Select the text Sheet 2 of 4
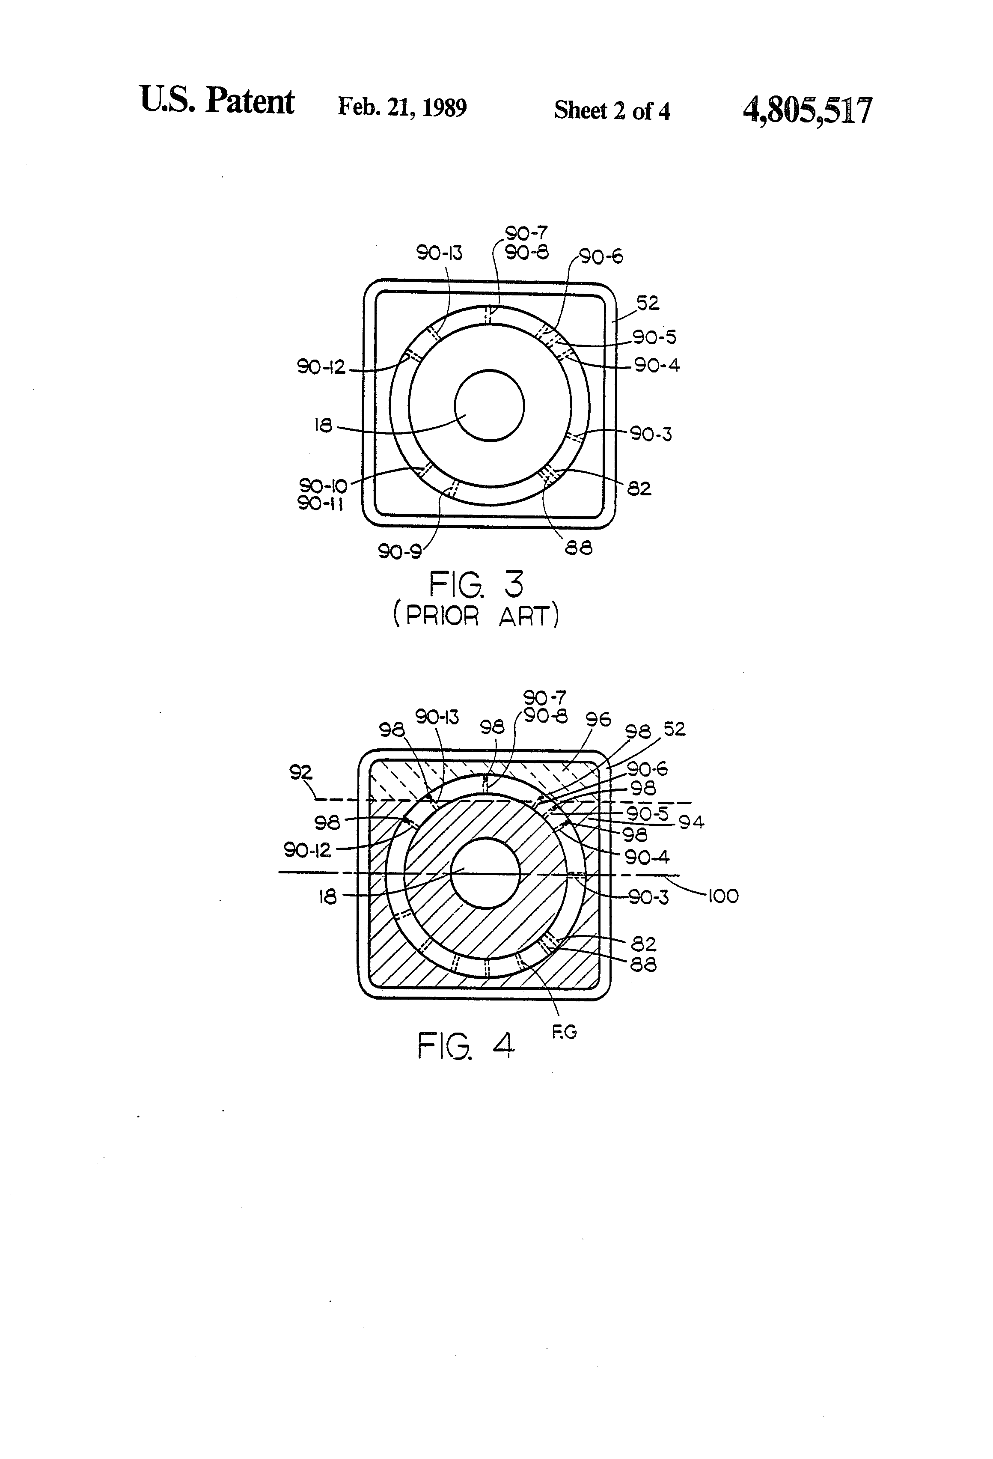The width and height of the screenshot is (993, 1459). (x=612, y=110)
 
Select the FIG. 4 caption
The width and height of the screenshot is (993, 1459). (x=466, y=1046)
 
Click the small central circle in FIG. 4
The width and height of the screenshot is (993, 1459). (x=486, y=872)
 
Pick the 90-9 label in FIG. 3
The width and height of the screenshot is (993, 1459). (x=399, y=552)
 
